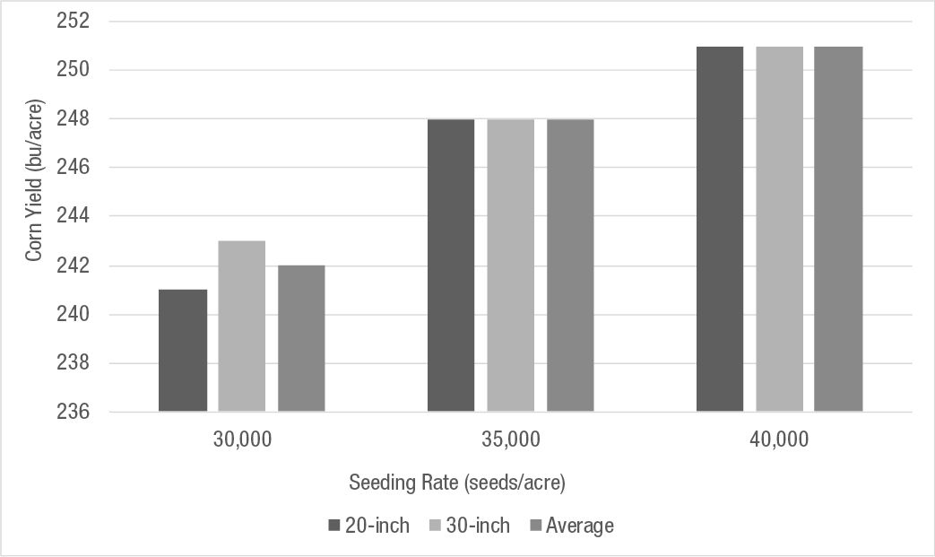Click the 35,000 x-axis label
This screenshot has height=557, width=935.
(511, 440)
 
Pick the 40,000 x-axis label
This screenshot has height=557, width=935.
(779, 440)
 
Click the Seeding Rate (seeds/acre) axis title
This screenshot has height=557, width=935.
(457, 483)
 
